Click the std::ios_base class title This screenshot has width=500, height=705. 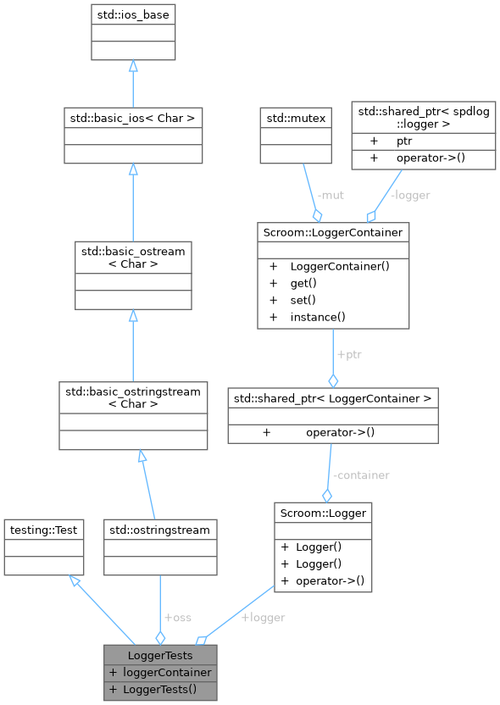pos(134,15)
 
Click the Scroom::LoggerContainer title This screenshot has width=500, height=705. pos(334,231)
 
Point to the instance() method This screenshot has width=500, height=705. pos(319,317)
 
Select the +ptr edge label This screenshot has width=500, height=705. pos(348,353)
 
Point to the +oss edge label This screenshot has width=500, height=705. pos(177,618)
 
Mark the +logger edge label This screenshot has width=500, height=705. pos(263,618)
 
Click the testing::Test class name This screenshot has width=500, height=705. pos(43,530)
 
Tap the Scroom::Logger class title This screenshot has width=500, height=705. pos(323,512)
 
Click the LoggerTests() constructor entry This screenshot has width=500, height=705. pos(160,689)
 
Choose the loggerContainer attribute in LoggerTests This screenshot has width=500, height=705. pos(167,672)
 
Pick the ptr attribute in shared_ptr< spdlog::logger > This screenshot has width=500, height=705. pos(404,141)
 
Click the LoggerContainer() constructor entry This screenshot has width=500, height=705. pos(339,266)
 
